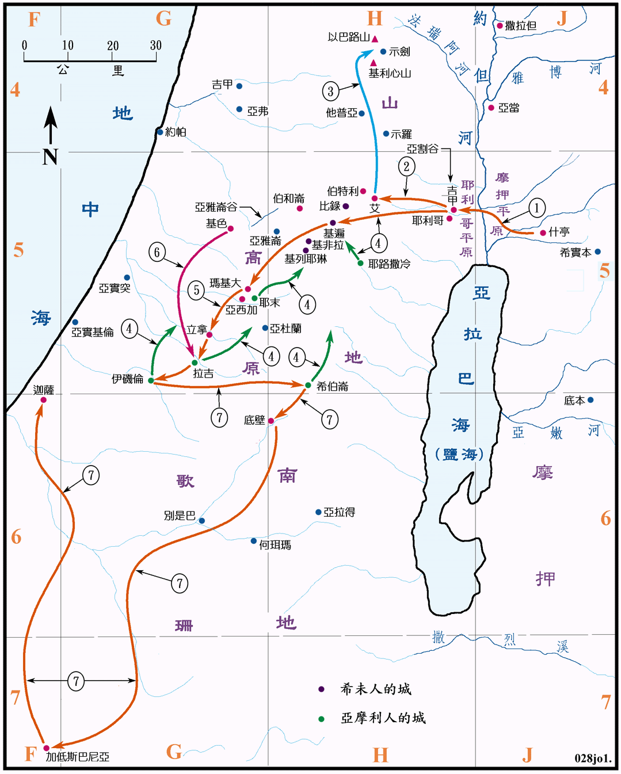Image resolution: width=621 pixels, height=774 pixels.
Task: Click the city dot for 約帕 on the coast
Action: tap(160, 132)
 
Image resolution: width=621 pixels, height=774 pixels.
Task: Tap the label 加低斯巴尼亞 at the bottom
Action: tap(78, 757)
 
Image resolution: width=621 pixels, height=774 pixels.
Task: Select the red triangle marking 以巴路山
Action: tap(375, 39)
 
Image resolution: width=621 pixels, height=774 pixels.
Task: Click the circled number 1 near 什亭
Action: tap(536, 208)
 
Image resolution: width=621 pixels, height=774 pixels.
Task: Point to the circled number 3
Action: tap(330, 91)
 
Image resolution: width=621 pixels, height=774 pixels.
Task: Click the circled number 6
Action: tap(157, 252)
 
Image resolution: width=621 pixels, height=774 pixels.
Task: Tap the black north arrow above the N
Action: tap(51, 124)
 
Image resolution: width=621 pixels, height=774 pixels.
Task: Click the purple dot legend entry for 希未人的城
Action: tap(321, 689)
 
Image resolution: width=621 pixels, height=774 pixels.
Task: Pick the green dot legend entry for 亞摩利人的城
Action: tap(321, 719)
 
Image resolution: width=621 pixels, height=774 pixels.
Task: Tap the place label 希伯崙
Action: tap(333, 387)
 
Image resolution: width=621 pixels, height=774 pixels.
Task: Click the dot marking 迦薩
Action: tap(43, 400)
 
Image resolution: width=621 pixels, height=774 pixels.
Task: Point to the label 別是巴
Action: tap(180, 516)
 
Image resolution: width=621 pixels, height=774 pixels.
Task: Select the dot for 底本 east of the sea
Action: tap(590, 400)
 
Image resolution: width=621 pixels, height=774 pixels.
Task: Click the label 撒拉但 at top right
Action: tap(521, 25)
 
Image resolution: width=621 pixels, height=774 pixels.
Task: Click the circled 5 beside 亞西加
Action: tap(196, 290)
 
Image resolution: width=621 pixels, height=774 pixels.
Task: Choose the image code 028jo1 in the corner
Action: tap(593, 758)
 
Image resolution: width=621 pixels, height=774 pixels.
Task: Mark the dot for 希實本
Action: tap(597, 251)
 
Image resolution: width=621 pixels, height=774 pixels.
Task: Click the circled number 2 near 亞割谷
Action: tap(406, 167)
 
